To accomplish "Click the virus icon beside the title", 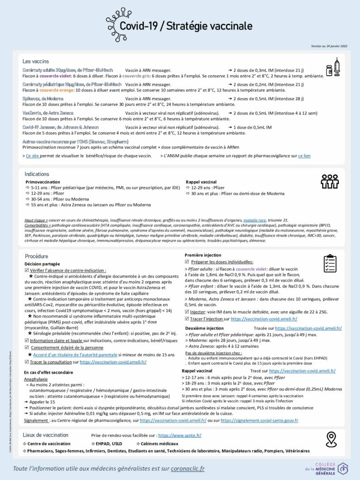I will point(118,20).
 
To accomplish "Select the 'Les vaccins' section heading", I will point(36,61).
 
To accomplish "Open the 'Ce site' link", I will point(32,156).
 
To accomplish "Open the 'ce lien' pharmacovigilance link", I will point(304,156).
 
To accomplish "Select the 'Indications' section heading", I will point(37,174).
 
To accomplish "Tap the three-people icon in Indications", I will point(330,181).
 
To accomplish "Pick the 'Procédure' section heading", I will point(37,256).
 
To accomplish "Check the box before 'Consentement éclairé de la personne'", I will point(27,347).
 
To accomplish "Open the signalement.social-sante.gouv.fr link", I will point(259,420).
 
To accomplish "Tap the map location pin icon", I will point(332,439).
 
